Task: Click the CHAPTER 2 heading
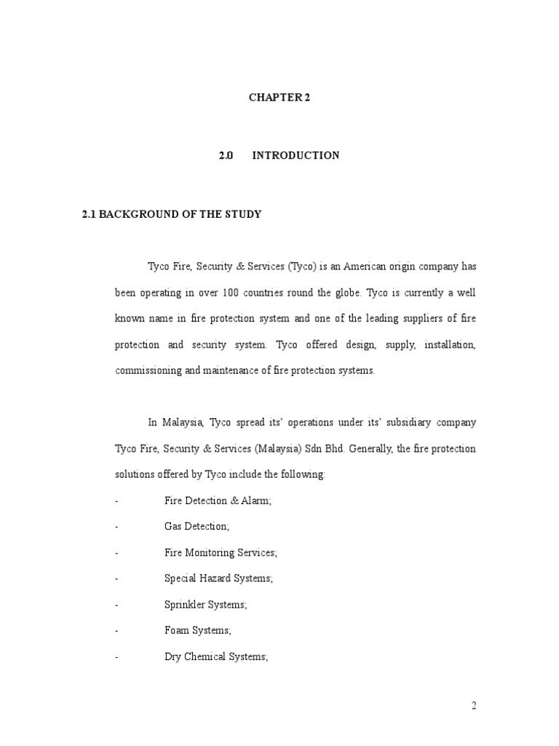point(279,98)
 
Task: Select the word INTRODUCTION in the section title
point(296,155)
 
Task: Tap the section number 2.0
point(226,155)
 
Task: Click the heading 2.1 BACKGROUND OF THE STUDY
point(171,214)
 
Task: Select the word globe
point(346,292)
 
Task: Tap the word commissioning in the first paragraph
point(150,370)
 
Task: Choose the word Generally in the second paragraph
point(371,448)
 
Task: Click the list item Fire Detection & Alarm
point(218,501)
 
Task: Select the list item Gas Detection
point(197,527)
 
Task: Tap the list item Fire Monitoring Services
point(221,553)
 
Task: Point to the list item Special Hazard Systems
point(219,578)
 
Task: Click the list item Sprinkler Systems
point(206,605)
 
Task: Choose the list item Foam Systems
point(197,631)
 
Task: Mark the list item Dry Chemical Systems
point(216,656)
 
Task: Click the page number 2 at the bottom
point(473,705)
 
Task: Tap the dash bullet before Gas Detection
point(116,527)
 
